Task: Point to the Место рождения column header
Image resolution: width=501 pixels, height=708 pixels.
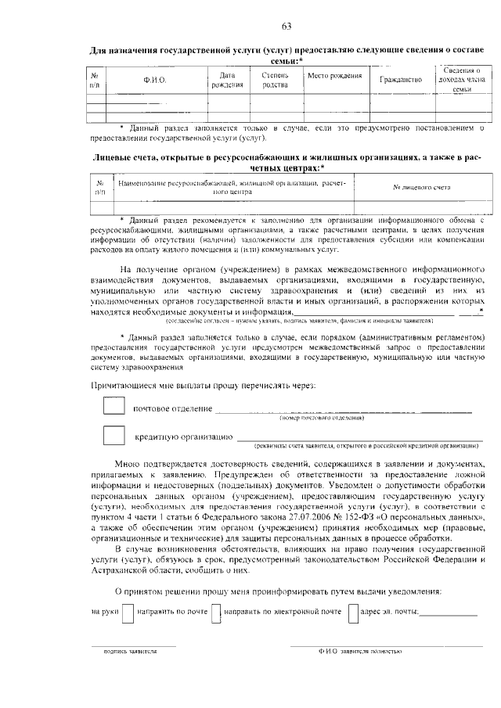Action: pos(334,76)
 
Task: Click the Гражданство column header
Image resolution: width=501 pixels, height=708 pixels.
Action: pos(400,81)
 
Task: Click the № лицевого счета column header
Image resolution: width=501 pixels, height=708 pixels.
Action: pos(421,188)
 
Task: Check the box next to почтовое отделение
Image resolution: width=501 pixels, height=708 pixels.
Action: pos(114,407)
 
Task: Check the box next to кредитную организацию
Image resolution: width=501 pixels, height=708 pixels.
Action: pos(114,435)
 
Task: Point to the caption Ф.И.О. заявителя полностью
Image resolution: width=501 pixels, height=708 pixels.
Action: pos(361,651)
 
